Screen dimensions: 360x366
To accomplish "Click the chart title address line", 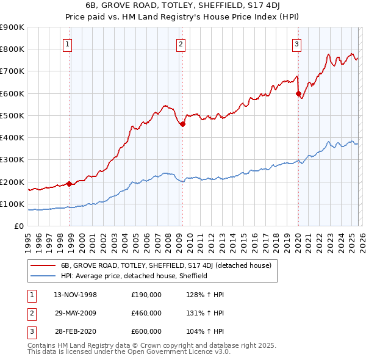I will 182,5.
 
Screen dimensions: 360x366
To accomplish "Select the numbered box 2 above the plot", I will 181,43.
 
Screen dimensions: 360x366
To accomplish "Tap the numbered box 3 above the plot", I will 296,43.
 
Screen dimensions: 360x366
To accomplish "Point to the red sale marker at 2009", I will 182,124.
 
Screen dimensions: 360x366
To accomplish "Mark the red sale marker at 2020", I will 298,94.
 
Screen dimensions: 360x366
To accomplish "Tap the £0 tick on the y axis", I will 18,226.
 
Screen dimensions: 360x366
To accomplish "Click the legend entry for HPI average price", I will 134,276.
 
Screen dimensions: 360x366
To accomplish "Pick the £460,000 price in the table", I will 146,313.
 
